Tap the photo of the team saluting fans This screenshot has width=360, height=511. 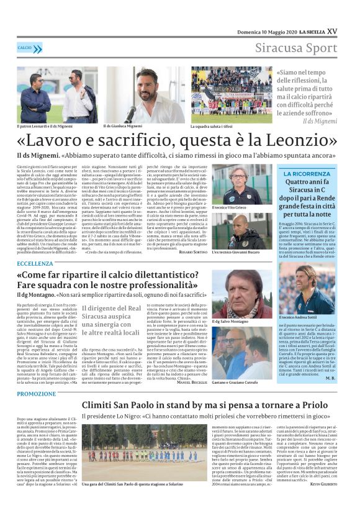point(232,95)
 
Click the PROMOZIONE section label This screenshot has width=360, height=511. point(36,394)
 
